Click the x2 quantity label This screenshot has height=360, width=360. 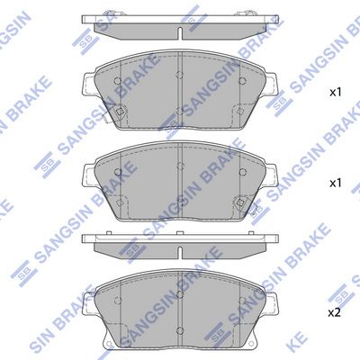(x=335, y=313)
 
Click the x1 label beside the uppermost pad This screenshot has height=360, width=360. (x=336, y=93)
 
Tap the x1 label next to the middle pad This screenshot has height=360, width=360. (x=336, y=183)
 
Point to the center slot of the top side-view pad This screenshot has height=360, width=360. (x=180, y=33)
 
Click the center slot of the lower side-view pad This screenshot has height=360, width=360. (x=180, y=252)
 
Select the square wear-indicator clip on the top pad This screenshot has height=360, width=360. (x=120, y=112)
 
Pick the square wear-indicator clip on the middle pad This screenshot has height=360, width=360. (x=240, y=202)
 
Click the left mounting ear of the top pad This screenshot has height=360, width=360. (x=89, y=85)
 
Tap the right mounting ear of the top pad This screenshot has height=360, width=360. (x=271, y=85)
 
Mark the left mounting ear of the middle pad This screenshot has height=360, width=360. (x=89, y=176)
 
